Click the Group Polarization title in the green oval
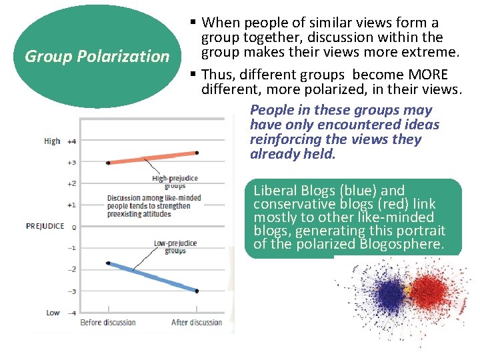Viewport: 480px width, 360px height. [x=97, y=56]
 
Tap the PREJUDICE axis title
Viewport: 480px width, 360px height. [x=45, y=226]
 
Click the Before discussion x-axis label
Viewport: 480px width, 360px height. [x=108, y=323]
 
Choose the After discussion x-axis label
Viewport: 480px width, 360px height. [x=197, y=323]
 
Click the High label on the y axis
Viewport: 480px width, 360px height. [x=52, y=141]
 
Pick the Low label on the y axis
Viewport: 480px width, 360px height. [x=53, y=312]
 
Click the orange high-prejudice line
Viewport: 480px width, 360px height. [x=152, y=157]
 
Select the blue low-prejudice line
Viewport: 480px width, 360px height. [x=152, y=277]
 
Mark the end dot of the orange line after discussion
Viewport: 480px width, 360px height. [x=197, y=153]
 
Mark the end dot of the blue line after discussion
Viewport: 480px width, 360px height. [x=197, y=291]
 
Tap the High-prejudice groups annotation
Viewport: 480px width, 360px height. [x=175, y=182]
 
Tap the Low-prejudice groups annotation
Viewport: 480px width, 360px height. [x=175, y=247]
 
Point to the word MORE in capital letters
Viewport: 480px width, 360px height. [x=427, y=74]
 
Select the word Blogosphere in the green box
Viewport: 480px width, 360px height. [x=402, y=244]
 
